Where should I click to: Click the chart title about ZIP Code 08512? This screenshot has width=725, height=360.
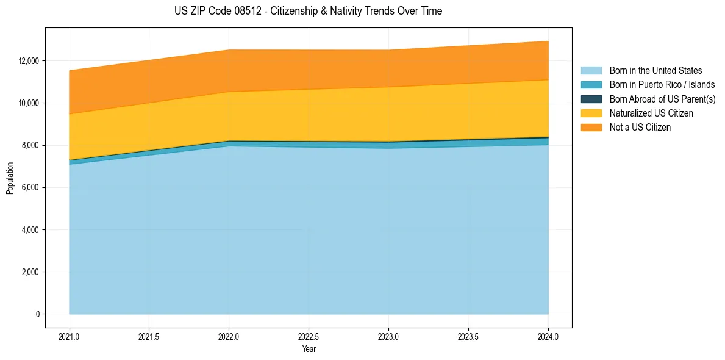(308, 11)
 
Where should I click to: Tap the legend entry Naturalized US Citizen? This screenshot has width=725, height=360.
(651, 113)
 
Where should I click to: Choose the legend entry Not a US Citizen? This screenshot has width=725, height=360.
(640, 128)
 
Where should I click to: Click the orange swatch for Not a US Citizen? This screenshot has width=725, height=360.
(591, 128)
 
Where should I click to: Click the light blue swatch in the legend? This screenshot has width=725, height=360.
(591, 71)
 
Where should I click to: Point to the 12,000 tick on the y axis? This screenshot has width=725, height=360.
(29, 61)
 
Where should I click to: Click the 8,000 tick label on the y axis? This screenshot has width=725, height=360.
(30, 145)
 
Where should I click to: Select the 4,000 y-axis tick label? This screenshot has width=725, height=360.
(30, 230)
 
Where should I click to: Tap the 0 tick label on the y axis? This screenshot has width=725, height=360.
(37, 314)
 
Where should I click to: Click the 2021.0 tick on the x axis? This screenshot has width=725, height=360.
(70, 336)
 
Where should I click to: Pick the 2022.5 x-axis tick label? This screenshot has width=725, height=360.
(309, 336)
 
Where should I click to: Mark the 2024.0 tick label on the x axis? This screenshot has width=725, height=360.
(548, 336)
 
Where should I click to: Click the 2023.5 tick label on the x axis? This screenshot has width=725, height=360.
(468, 336)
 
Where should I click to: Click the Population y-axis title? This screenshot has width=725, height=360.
(10, 178)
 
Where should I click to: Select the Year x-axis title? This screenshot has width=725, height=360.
(309, 349)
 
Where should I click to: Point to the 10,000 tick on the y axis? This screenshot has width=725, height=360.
(29, 103)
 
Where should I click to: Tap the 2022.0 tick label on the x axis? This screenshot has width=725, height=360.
(229, 336)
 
